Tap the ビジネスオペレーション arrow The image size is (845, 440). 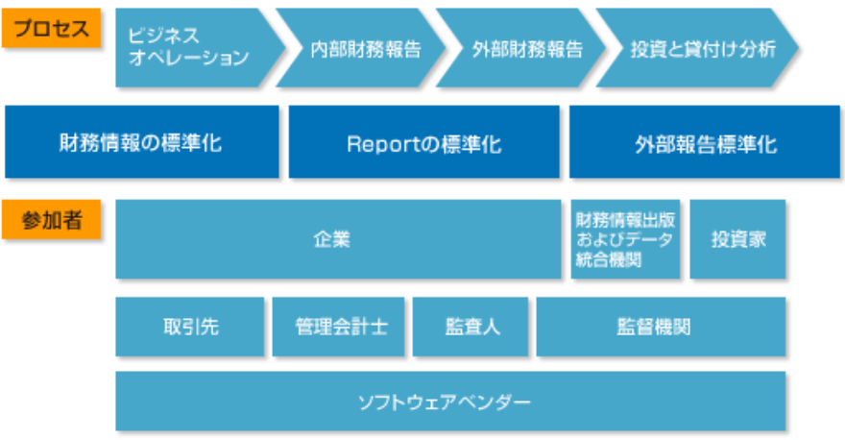(x=192, y=47)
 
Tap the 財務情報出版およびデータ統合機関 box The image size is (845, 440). (x=624, y=239)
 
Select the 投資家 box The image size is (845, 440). (x=737, y=239)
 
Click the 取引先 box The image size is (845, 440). (x=190, y=327)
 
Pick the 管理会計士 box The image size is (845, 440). (x=340, y=327)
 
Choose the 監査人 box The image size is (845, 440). (x=471, y=327)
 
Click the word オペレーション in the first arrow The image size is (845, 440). (x=188, y=59)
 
